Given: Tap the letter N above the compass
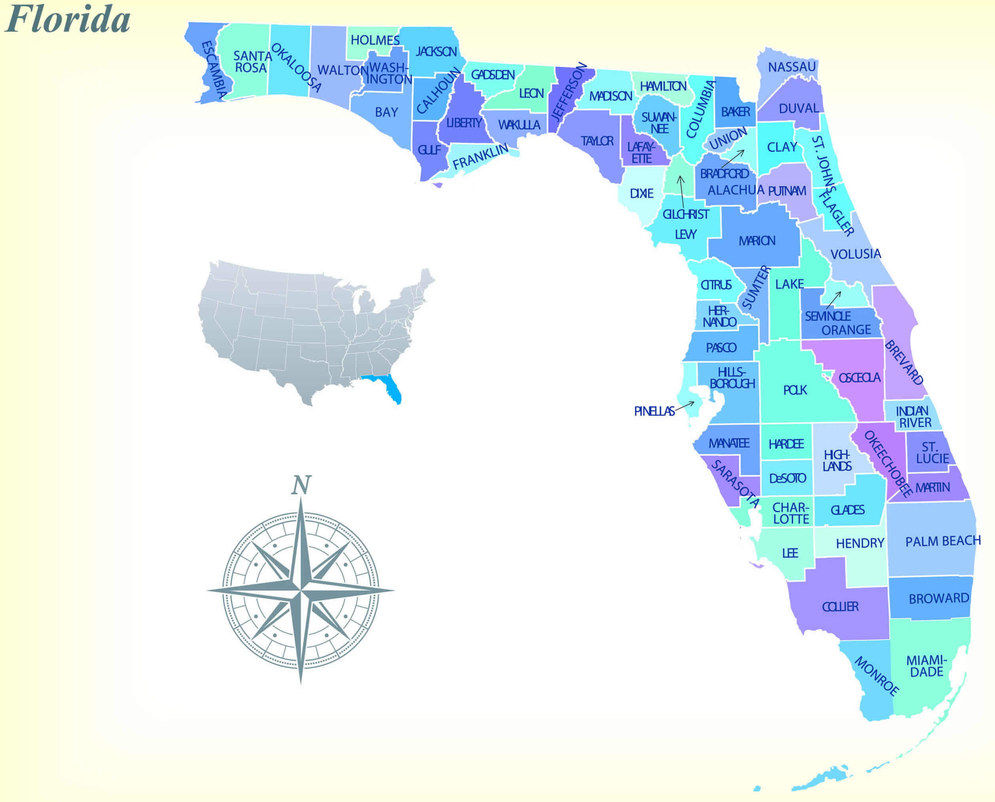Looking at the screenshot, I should [x=301, y=485].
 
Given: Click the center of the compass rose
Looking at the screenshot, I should [x=301, y=590].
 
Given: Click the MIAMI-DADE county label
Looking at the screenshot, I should [x=926, y=666].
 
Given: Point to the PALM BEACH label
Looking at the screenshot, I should [x=942, y=541].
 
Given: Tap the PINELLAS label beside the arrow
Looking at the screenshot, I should [x=654, y=411].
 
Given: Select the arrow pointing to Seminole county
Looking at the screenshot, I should [x=833, y=300].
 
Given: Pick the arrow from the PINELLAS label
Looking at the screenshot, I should [x=684, y=407].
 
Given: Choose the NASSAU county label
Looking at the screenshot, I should [x=792, y=67].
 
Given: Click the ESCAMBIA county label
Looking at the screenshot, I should [x=214, y=70].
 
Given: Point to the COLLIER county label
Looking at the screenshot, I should [x=840, y=607].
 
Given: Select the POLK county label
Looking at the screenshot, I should [x=795, y=391].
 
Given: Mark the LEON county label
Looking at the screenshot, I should [x=531, y=93].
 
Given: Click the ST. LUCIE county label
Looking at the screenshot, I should [x=932, y=453].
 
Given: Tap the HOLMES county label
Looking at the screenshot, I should [x=375, y=40].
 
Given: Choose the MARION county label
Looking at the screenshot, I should [x=757, y=241].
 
